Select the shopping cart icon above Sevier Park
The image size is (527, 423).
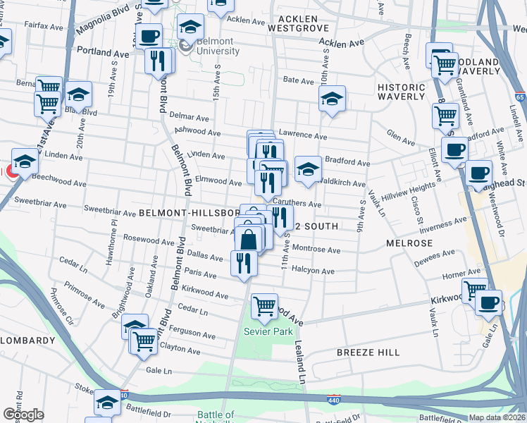[x=264, y=307]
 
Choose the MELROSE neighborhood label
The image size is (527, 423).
[x=409, y=243]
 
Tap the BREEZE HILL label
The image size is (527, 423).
[x=368, y=352]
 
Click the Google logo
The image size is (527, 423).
[x=23, y=415]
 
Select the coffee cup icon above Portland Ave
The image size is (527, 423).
[x=149, y=36]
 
